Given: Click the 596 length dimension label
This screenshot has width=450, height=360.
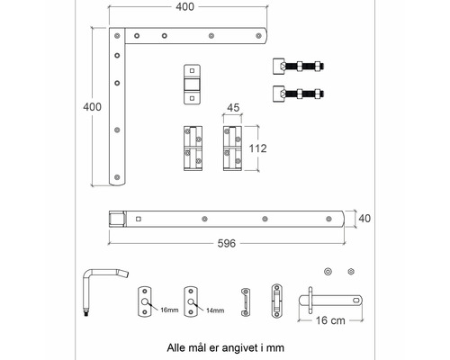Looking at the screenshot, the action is [x=227, y=243].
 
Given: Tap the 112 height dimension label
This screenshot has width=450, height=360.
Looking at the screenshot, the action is [x=257, y=148].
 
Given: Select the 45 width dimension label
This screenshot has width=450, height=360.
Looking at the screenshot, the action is [x=233, y=108].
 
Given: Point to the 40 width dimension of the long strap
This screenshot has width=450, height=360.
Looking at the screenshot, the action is [x=364, y=219].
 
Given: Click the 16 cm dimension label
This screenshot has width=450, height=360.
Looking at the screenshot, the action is [x=330, y=320].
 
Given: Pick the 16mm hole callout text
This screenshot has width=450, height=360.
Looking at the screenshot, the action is [x=169, y=310].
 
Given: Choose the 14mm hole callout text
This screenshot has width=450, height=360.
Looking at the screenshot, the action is [x=215, y=310].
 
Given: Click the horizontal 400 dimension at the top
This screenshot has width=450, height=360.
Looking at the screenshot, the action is [x=185, y=7].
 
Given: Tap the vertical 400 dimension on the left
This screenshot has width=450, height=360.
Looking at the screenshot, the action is [x=92, y=107].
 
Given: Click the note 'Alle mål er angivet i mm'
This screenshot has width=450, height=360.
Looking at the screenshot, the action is [x=225, y=348].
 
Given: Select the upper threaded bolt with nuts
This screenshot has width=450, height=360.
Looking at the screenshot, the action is [x=298, y=66].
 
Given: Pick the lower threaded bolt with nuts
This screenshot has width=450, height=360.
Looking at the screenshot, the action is [x=298, y=94].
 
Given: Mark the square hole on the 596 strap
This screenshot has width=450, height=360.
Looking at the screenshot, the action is [x=139, y=219].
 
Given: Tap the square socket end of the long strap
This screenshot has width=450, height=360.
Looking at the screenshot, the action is [x=117, y=219].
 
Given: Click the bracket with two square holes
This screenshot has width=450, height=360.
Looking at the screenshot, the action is [x=192, y=85].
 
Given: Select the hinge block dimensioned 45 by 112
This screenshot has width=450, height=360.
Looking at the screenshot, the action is [x=232, y=148].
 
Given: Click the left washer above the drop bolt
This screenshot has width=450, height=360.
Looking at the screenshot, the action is [x=328, y=272].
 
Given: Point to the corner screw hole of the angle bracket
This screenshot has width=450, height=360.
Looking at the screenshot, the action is [x=117, y=36].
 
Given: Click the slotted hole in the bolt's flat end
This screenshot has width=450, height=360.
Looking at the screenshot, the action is [x=356, y=300].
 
